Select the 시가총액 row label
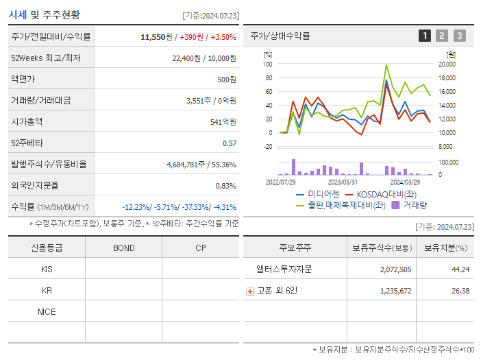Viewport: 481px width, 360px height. click(x=27, y=121)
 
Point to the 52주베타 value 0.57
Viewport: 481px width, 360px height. click(x=229, y=143)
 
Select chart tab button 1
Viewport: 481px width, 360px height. click(x=425, y=36)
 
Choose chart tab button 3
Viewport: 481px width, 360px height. click(x=459, y=36)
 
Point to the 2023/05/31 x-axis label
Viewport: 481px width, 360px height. click(x=343, y=182)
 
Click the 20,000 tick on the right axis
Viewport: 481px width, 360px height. click(x=447, y=64)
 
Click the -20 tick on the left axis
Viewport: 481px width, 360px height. click(x=268, y=146)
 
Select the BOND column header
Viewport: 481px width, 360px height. click(x=123, y=248)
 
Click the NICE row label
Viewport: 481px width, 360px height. click(x=47, y=311)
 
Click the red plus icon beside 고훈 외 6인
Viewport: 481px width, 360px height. click(x=250, y=291)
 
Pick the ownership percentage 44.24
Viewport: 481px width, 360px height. click(x=460, y=269)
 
